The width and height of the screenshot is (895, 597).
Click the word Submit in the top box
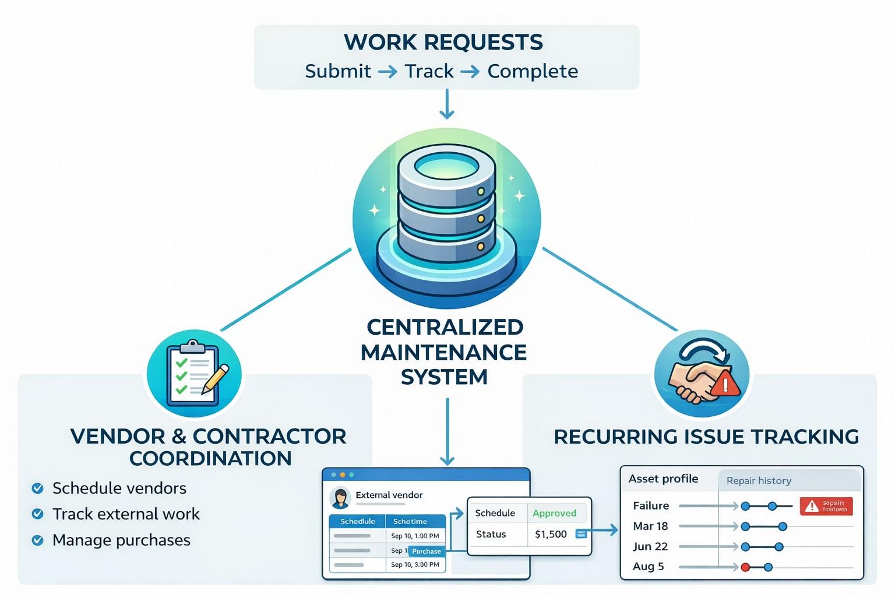338,71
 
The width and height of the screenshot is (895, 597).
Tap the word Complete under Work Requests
533,71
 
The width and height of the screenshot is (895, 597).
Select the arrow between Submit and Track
387,72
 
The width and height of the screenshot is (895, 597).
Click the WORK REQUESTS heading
443,42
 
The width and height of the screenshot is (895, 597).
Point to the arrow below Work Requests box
447,104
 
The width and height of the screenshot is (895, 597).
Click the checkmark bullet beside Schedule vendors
37,489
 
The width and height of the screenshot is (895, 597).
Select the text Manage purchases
121,540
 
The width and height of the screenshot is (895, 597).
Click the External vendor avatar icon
339,497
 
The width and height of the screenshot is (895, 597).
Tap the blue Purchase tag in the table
426,551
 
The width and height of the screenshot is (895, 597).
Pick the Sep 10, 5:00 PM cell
415,564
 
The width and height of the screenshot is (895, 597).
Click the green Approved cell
554,513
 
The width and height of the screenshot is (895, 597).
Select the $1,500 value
551,534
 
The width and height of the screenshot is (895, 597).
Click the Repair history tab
759,480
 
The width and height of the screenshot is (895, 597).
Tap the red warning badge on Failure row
826,506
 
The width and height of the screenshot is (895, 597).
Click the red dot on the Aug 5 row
745,567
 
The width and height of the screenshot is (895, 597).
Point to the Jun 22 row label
650,546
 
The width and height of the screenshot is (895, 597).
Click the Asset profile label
663,479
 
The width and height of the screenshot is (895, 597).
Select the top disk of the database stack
446,169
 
